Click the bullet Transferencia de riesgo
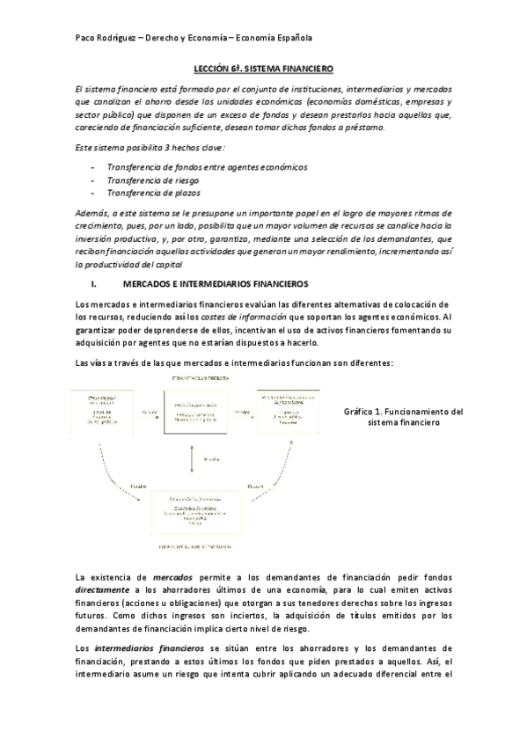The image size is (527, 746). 146,179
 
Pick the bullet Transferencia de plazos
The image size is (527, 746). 147,193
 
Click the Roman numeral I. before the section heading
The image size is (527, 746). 93,285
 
